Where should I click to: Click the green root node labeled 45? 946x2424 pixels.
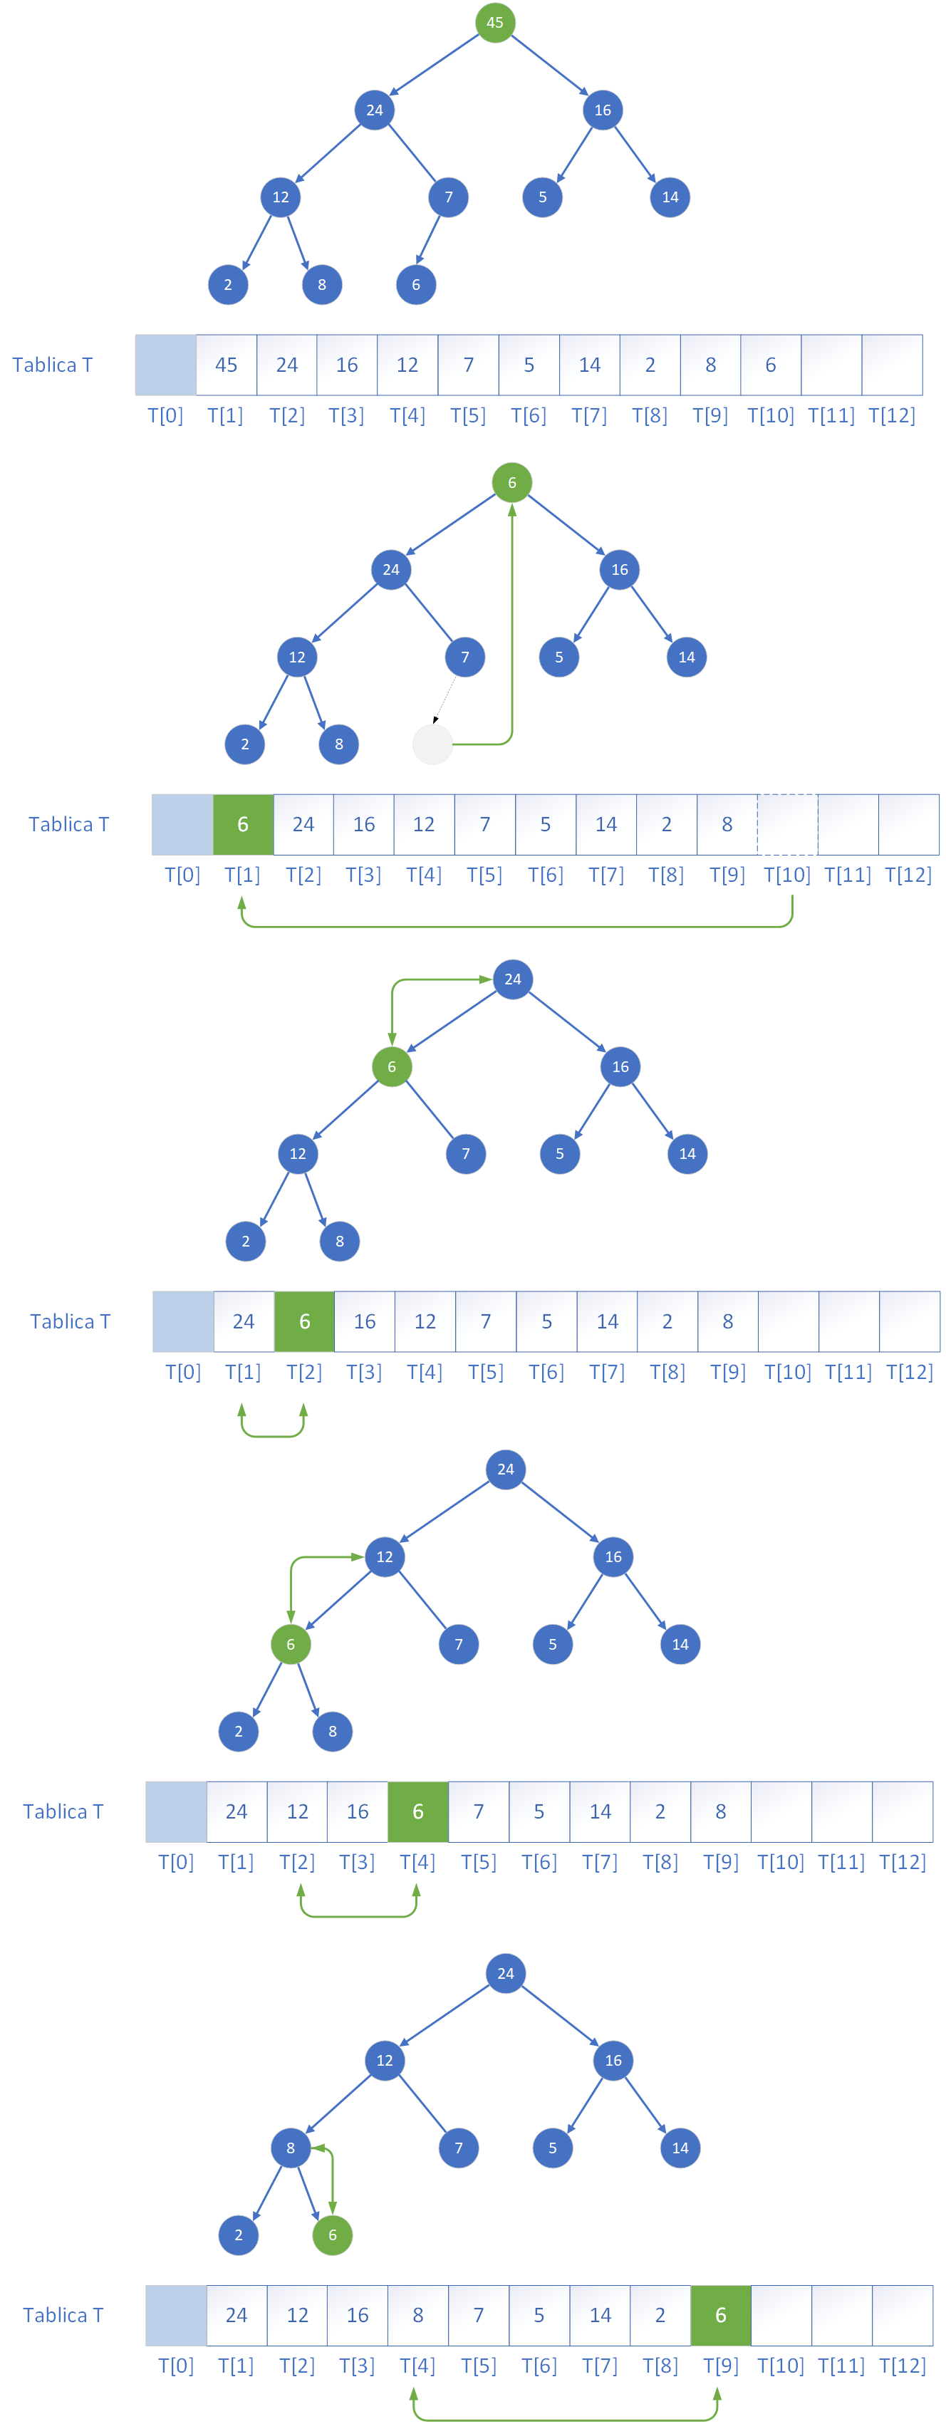coord(495,23)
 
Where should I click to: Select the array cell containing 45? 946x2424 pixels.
coord(226,365)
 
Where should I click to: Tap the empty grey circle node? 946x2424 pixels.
coord(433,744)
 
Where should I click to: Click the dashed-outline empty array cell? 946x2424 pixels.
coord(788,824)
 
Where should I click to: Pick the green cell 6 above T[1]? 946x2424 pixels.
coord(243,824)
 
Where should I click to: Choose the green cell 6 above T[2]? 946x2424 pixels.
coord(304,1321)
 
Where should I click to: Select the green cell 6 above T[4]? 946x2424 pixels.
coord(418,1811)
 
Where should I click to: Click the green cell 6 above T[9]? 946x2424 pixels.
coord(721,2315)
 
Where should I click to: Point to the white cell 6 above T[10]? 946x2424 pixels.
coord(771,365)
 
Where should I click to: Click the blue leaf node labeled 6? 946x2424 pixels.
coord(416,285)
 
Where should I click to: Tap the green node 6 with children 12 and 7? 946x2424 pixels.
coord(392,1067)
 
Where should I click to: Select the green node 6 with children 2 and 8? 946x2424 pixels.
coord(291,1644)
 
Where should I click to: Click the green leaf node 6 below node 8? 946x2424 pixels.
coord(332,2235)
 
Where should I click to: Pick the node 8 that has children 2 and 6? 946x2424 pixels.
coord(291,2148)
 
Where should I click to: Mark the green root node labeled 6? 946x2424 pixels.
coord(512,483)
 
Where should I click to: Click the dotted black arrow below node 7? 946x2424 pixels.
coord(445,699)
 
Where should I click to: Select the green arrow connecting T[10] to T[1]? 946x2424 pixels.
coord(518,927)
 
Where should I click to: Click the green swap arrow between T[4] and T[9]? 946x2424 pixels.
coord(565,2419)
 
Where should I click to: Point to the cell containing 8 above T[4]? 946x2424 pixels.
coord(418,2315)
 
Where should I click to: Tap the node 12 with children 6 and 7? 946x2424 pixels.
coord(385,1556)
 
